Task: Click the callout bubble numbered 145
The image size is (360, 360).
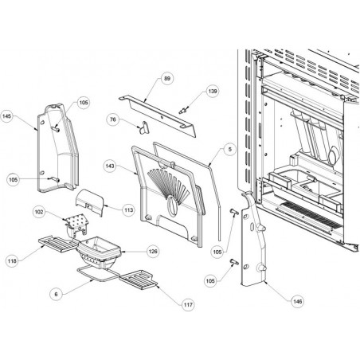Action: pyautogui.click(x=7, y=116)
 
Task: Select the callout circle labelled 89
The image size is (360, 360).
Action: pyautogui.click(x=167, y=78)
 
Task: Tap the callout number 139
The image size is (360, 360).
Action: pyautogui.click(x=213, y=91)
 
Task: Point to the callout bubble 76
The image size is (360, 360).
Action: pyautogui.click(x=113, y=119)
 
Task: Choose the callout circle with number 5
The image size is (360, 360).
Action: pyautogui.click(x=230, y=149)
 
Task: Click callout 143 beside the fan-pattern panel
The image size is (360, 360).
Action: pyautogui.click(x=110, y=166)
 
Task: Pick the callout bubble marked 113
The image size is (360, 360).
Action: pyautogui.click(x=129, y=210)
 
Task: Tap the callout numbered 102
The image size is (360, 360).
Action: pyautogui.click(x=39, y=212)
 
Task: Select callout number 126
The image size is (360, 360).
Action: pyautogui.click(x=153, y=251)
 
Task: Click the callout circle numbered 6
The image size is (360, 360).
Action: pyautogui.click(x=56, y=294)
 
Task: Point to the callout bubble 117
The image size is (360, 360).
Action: pyautogui.click(x=188, y=304)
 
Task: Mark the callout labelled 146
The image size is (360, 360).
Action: pyautogui.click(x=297, y=301)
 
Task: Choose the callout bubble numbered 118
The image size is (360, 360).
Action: pyautogui.click(x=12, y=261)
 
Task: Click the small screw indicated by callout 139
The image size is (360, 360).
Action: pyautogui.click(x=183, y=110)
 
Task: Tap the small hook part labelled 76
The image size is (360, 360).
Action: pyautogui.click(x=144, y=127)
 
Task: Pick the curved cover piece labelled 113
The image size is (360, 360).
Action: pyautogui.click(x=90, y=202)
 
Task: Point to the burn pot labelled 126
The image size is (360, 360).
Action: pyautogui.click(x=99, y=252)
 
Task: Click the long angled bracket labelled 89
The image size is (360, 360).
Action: pyautogui.click(x=158, y=116)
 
